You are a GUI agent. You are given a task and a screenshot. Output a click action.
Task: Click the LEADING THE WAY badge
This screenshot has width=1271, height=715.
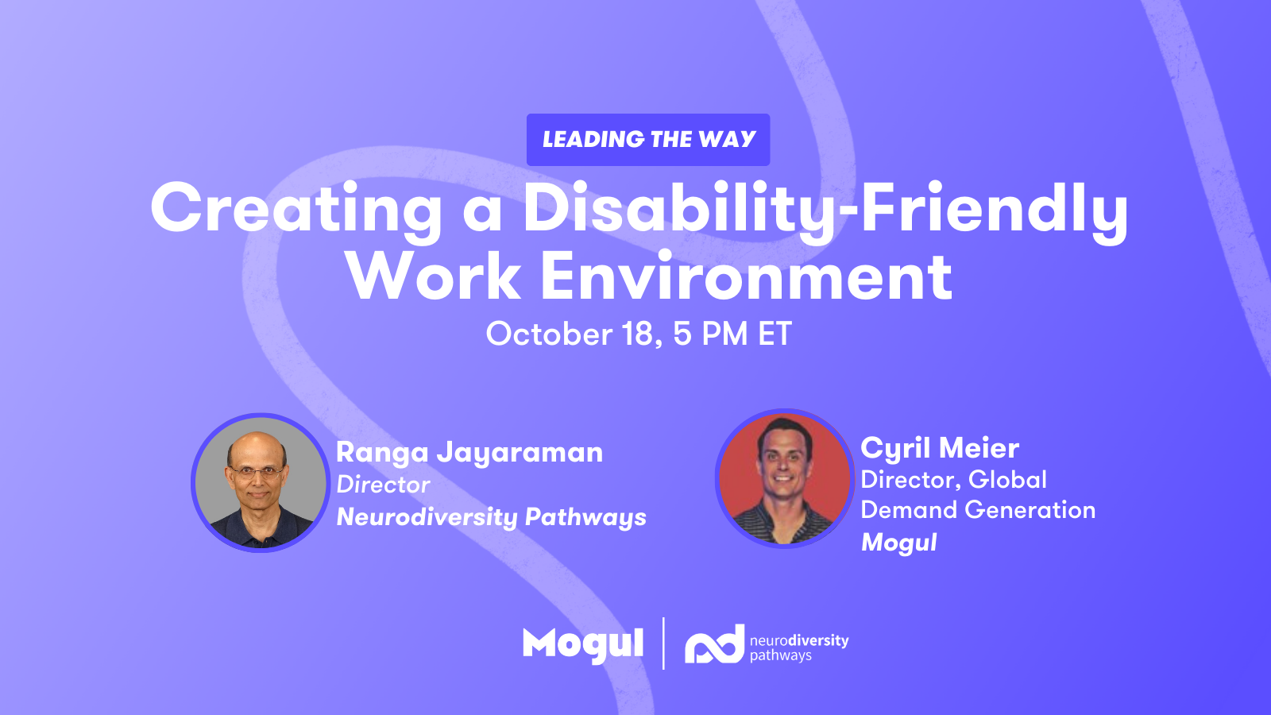tap(648, 140)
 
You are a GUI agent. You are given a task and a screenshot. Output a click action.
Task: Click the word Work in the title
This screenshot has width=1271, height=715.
tap(434, 276)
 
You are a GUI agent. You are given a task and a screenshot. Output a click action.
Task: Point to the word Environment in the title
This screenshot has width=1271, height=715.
tap(746, 276)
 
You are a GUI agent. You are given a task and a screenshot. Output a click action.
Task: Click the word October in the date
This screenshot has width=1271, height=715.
tap(549, 334)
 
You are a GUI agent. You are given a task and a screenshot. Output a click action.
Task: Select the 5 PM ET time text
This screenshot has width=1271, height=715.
tap(732, 334)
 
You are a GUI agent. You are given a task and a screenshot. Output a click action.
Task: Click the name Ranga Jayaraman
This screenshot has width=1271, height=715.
tap(469, 453)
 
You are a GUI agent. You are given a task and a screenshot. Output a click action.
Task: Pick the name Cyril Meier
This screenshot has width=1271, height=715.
tap(940, 448)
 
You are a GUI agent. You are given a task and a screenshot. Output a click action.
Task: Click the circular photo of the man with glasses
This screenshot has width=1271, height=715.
tap(261, 482)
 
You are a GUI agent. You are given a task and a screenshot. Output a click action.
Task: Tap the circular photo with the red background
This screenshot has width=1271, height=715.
tap(785, 477)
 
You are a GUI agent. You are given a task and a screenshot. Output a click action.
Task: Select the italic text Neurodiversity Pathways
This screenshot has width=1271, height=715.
tap(492, 517)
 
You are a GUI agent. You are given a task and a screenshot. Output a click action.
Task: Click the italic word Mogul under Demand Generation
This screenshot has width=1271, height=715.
tap(898, 543)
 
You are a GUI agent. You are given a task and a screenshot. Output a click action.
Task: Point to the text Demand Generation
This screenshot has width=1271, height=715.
tap(978, 509)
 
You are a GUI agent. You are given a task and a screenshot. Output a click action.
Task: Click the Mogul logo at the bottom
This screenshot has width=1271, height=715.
tap(583, 645)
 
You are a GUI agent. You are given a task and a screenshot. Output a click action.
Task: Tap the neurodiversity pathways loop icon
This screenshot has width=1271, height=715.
tap(714, 643)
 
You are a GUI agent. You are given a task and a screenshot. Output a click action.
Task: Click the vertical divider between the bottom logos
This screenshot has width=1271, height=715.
tap(664, 643)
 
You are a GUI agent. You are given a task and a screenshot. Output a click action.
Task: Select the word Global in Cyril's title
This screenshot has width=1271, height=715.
tap(1007, 480)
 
